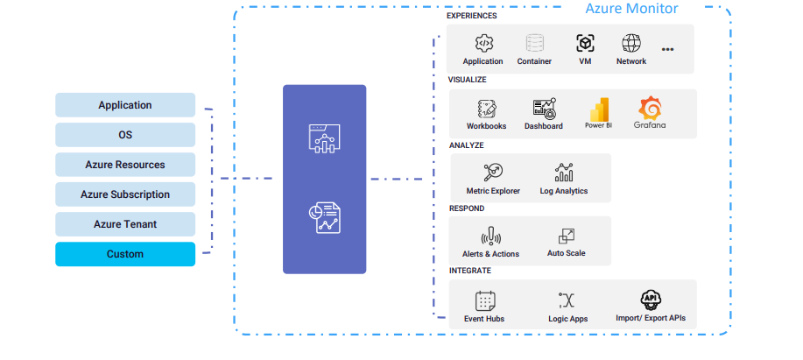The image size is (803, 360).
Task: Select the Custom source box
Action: coord(125,254)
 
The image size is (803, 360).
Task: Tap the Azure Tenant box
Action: coord(125,224)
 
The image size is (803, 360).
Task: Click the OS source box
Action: coord(125,135)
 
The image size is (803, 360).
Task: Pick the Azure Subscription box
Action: coord(125,194)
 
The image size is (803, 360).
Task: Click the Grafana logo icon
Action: coord(650,108)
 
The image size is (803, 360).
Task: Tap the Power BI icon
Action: coord(599,108)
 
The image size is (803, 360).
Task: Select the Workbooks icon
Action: coord(486,108)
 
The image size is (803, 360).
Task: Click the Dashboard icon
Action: coord(544,108)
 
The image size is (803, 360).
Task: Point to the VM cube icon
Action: coord(585,43)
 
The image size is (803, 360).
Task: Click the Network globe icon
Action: coord(631,43)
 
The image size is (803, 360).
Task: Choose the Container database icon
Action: coord(534,43)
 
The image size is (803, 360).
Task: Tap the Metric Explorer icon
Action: coord(492,172)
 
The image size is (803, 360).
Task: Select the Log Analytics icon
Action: coord(564,172)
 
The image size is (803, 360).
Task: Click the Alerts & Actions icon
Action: coord(490,236)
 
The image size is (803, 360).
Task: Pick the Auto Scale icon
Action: coord(566,236)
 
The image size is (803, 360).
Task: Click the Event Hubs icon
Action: coord(484,300)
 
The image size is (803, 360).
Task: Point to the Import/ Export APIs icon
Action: coord(650,300)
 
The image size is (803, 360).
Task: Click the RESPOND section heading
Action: coord(467,208)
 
